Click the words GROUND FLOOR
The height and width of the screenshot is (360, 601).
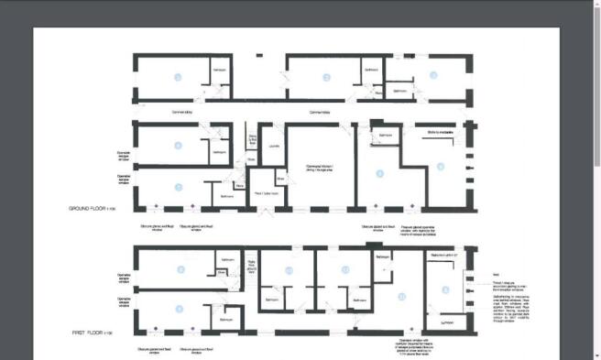[87, 211]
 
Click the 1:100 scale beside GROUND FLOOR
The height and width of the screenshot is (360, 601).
[113, 211]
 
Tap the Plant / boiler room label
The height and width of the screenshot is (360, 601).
[266, 192]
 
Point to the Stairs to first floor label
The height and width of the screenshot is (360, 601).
[253, 139]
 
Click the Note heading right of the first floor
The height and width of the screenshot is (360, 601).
[495, 274]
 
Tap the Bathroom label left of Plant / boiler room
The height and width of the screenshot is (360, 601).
[227, 194]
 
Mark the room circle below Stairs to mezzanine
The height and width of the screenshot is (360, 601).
[441, 167]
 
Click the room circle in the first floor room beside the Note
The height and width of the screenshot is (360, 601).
[446, 290]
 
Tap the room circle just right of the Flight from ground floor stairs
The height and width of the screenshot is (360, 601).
[290, 270]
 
